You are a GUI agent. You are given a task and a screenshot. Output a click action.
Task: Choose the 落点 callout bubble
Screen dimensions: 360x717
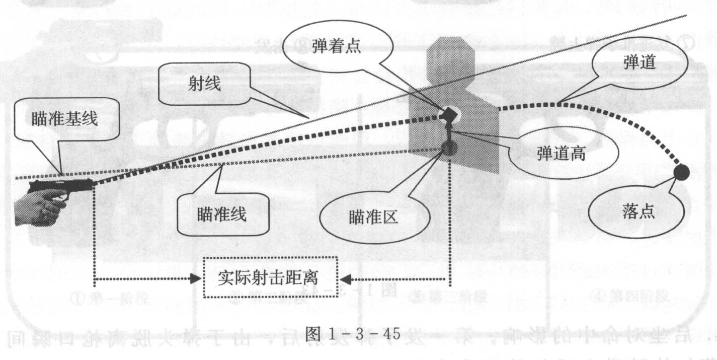click(638, 212)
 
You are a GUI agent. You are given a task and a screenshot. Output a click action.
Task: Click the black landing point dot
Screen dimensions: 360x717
click(681, 172)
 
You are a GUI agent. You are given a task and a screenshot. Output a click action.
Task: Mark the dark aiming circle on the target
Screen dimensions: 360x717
click(449, 147)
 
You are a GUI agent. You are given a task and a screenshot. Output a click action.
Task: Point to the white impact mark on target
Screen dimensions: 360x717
click(447, 114)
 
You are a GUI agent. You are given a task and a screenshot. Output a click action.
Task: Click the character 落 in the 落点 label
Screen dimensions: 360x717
click(629, 212)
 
